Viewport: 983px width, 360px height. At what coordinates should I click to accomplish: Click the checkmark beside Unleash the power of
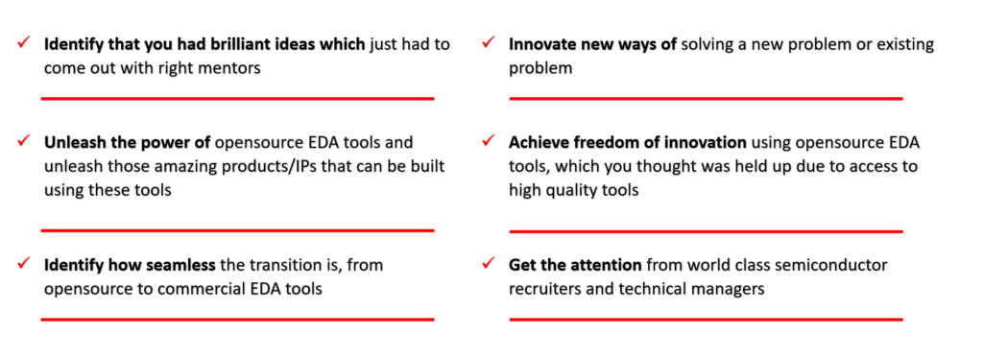25,141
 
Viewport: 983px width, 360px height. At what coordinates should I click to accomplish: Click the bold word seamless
184,265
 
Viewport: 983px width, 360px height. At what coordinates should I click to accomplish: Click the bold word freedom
593,143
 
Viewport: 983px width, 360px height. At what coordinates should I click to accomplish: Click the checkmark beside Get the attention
489,263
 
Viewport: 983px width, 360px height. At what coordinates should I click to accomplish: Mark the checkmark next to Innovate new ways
489,43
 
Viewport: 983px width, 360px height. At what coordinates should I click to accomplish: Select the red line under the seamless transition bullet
237,320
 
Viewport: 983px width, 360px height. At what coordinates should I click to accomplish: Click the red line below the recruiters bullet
706,320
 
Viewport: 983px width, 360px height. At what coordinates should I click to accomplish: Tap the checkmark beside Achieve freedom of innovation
489,141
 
